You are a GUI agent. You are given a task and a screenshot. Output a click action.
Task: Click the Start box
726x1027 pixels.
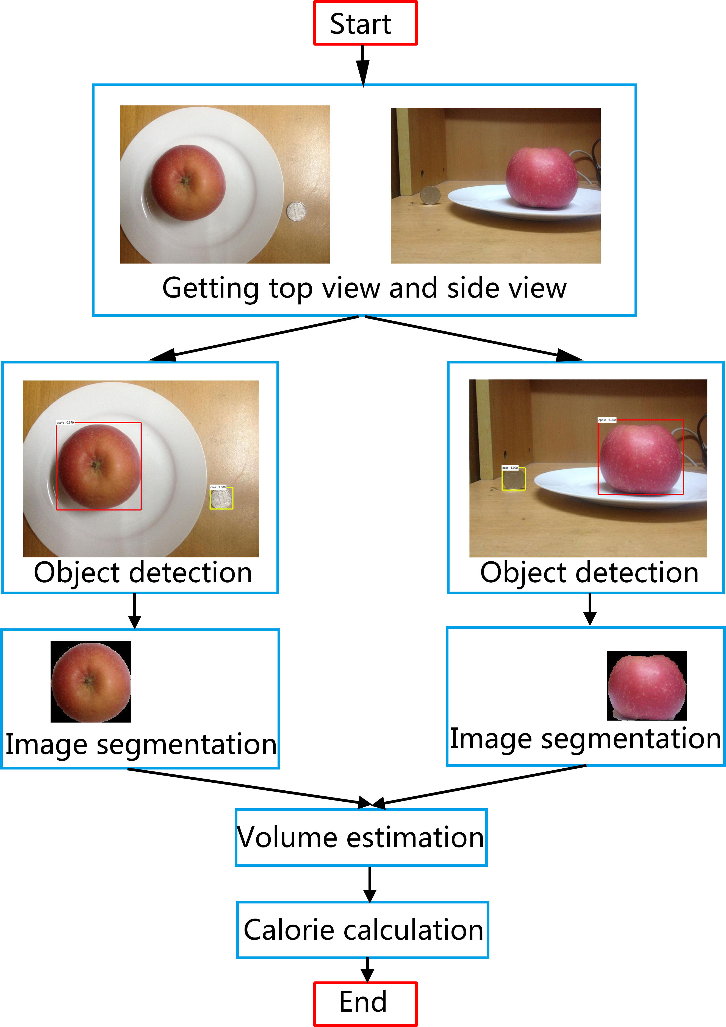click(365, 23)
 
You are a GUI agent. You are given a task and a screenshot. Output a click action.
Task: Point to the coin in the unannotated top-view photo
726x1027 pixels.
click(296, 211)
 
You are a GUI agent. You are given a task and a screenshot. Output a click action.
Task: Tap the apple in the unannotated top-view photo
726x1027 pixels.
click(187, 183)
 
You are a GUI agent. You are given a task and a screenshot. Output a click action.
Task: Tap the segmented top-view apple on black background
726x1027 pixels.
click(91, 682)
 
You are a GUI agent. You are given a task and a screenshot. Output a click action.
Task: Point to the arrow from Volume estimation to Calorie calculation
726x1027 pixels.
click(370, 884)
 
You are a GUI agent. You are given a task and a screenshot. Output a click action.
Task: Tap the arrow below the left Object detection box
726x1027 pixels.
click(135, 611)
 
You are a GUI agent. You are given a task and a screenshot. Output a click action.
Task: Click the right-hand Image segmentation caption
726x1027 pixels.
click(585, 739)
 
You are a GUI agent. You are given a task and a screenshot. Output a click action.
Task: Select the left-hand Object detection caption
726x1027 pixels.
click(143, 573)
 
